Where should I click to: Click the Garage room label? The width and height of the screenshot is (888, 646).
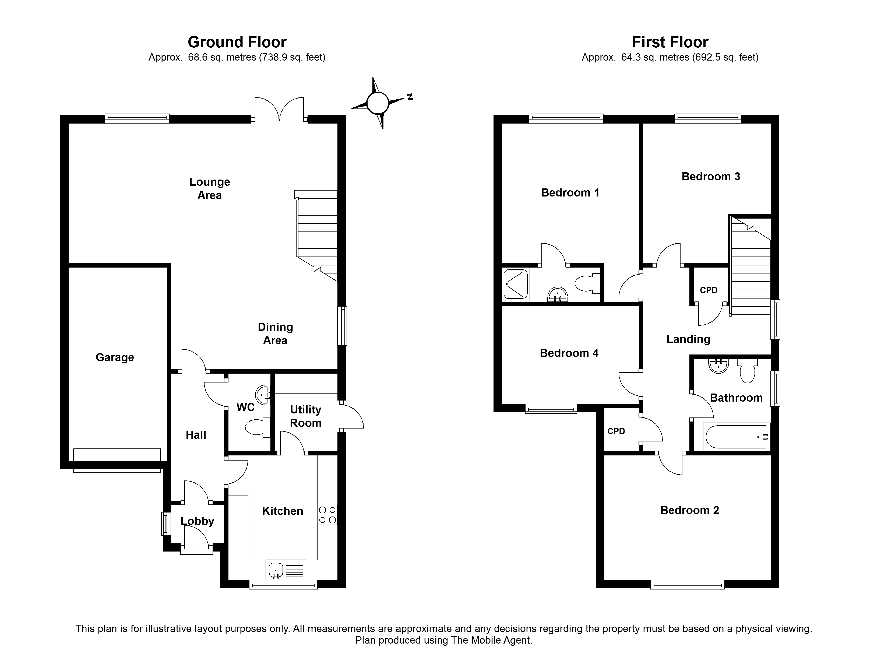click(115, 357)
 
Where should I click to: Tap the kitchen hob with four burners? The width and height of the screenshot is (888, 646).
click(327, 515)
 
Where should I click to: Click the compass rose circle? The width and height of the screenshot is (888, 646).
click(378, 103)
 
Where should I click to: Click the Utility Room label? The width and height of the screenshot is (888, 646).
click(305, 416)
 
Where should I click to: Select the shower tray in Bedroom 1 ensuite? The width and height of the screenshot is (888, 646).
click(516, 284)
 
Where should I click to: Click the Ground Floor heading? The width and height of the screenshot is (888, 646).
click(237, 42)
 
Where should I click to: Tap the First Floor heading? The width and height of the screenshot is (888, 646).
click(670, 42)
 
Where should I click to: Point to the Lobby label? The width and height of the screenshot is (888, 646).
click(197, 521)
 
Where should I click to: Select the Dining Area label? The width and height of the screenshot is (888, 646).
click(275, 334)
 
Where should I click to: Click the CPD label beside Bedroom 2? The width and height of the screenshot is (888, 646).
click(616, 431)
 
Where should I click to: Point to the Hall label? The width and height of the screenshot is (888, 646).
click(196, 435)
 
